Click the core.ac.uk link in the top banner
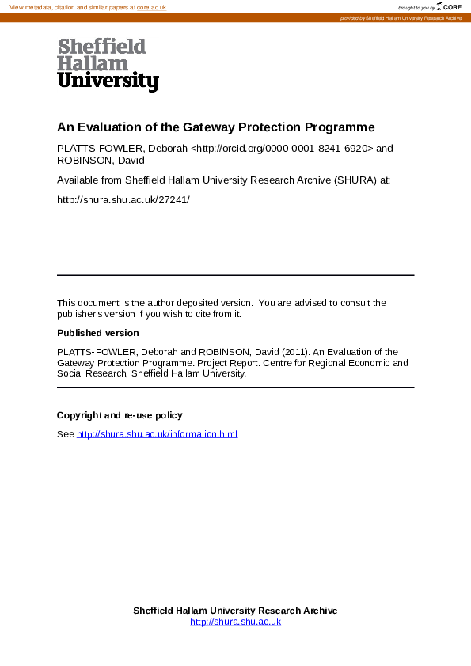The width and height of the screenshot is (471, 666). pos(151,7)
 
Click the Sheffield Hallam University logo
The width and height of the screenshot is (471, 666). pos(108,65)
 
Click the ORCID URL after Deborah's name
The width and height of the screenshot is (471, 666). pos(282,148)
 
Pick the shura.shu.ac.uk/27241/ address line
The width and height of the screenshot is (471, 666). pos(123,199)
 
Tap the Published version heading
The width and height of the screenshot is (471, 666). pos(97,333)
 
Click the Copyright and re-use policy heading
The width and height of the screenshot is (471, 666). pos(120,415)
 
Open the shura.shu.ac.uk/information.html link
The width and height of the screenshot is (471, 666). pos(157,434)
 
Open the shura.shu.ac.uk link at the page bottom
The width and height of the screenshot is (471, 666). pos(235,622)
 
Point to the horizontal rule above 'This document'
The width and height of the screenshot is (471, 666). pos(235,275)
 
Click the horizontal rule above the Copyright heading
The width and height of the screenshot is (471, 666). pos(235,388)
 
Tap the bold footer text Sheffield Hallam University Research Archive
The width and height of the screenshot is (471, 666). pos(235,611)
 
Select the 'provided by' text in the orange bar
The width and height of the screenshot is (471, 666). pos(352,18)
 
